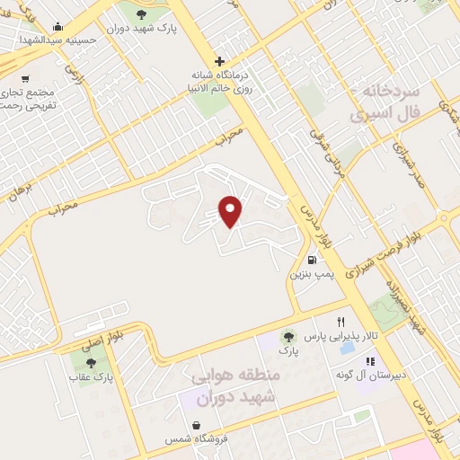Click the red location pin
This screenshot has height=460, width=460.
(x=231, y=210)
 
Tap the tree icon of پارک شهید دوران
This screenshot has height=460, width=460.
(x=141, y=13)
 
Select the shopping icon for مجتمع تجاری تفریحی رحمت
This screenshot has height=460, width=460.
(x=24, y=78)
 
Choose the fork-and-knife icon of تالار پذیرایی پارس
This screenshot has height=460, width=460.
(x=341, y=322)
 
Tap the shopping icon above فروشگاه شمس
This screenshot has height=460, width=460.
(x=197, y=426)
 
